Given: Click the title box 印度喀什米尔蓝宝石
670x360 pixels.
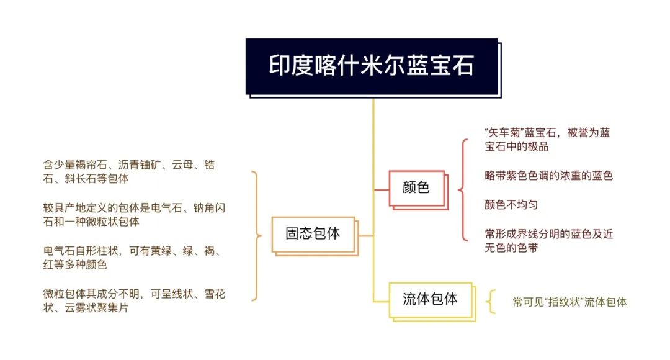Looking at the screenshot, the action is (x=372, y=66).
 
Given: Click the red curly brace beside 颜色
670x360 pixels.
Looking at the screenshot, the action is (x=463, y=189).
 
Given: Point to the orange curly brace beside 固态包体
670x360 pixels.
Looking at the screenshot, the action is (x=256, y=236).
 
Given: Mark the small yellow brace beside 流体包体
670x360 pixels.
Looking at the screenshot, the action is (x=491, y=302).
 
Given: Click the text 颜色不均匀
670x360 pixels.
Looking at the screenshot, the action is (x=511, y=205).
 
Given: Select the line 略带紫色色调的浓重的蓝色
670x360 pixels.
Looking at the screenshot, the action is (x=548, y=176).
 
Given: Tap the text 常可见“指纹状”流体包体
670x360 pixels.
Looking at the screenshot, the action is (x=569, y=302).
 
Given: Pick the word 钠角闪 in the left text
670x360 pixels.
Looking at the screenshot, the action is (x=210, y=208).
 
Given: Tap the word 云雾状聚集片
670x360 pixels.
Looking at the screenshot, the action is (x=96, y=308).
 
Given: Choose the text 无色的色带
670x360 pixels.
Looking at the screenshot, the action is (x=511, y=248).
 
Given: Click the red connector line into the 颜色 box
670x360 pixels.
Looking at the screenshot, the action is (x=381, y=189).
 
